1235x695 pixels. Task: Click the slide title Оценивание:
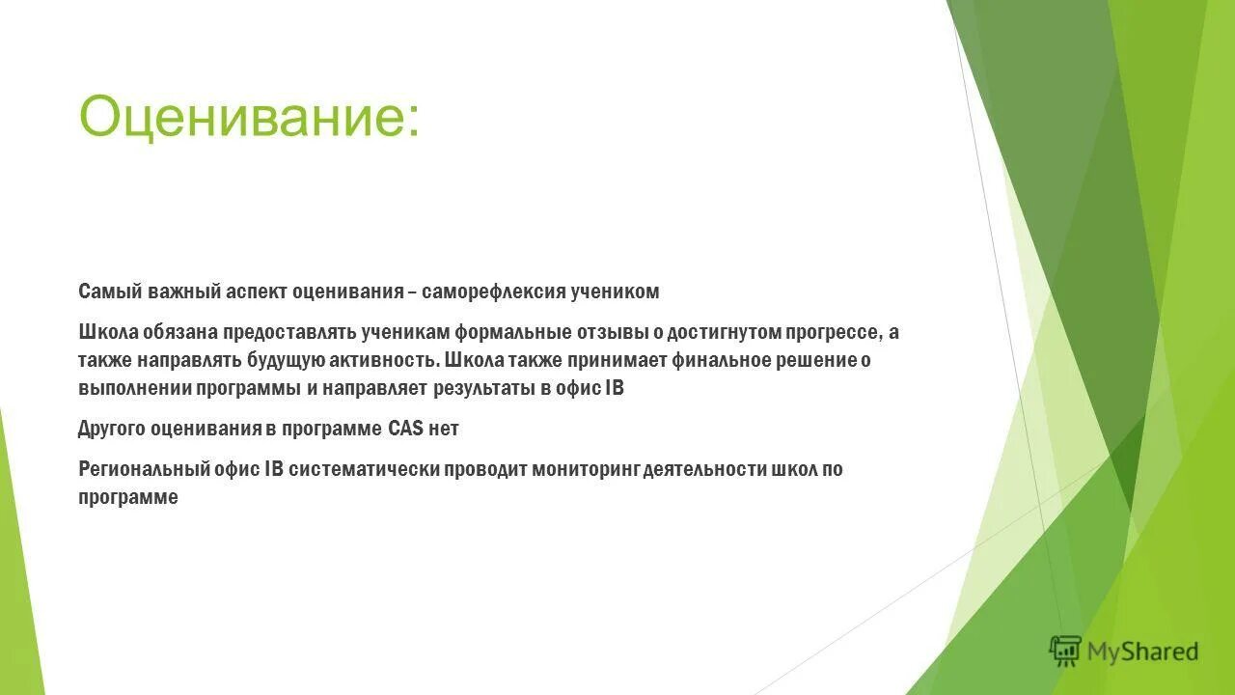249,117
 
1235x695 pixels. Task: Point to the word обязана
180,333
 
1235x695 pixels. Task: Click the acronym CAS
405,430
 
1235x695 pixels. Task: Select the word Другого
112,430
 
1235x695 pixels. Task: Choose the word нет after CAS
444,430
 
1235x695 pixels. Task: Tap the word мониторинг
603,470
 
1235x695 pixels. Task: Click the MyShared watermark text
1142,653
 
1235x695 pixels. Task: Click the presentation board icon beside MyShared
1065,652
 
